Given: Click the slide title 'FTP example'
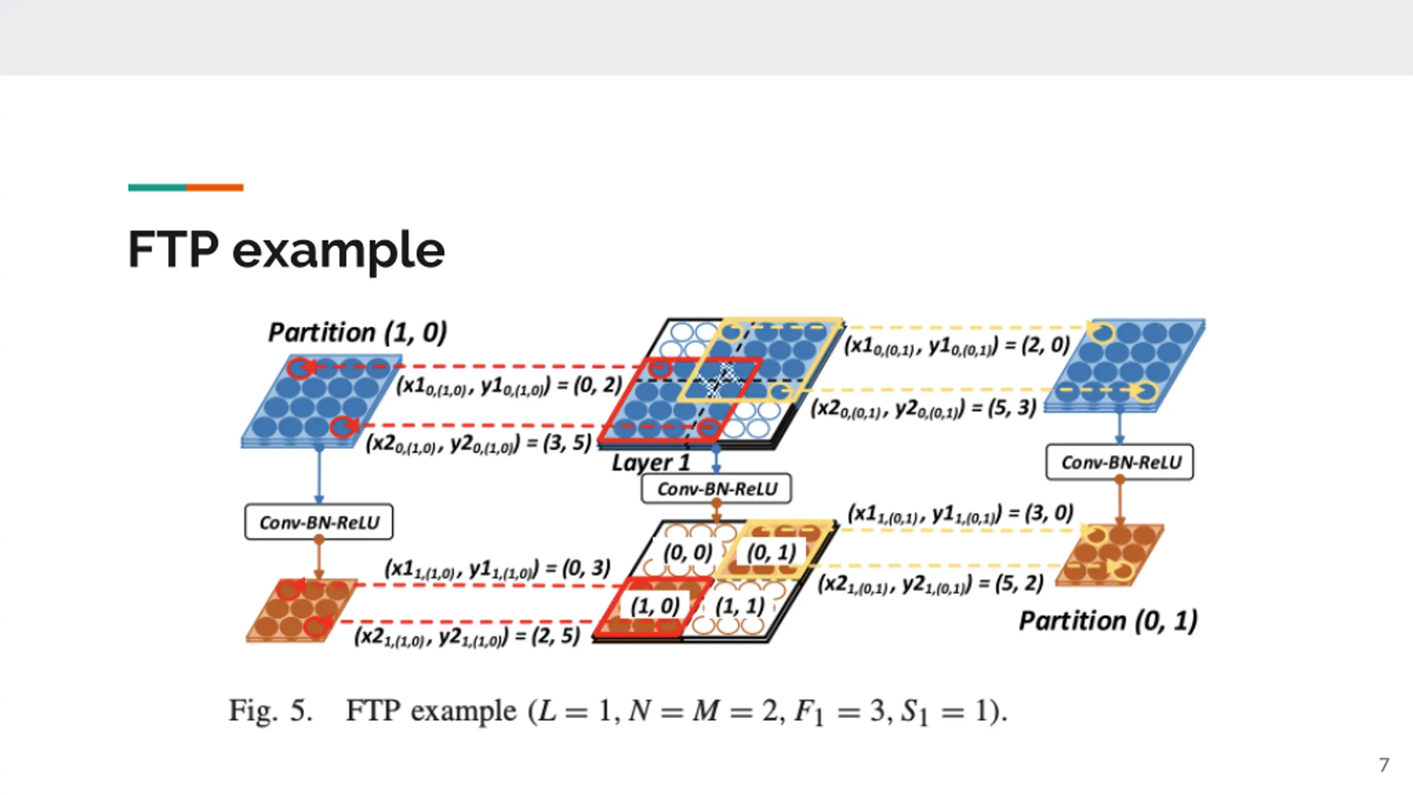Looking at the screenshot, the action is coord(286,250).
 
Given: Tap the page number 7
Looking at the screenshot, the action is coord(1384,765).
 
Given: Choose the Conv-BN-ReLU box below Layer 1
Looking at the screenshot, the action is coord(716,489).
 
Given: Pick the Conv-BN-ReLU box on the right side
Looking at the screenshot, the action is coord(1120,462).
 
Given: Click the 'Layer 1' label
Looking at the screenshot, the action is coord(651,463).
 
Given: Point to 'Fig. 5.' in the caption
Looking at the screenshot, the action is coord(270,711).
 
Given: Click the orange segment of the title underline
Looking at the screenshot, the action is coord(215,188).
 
